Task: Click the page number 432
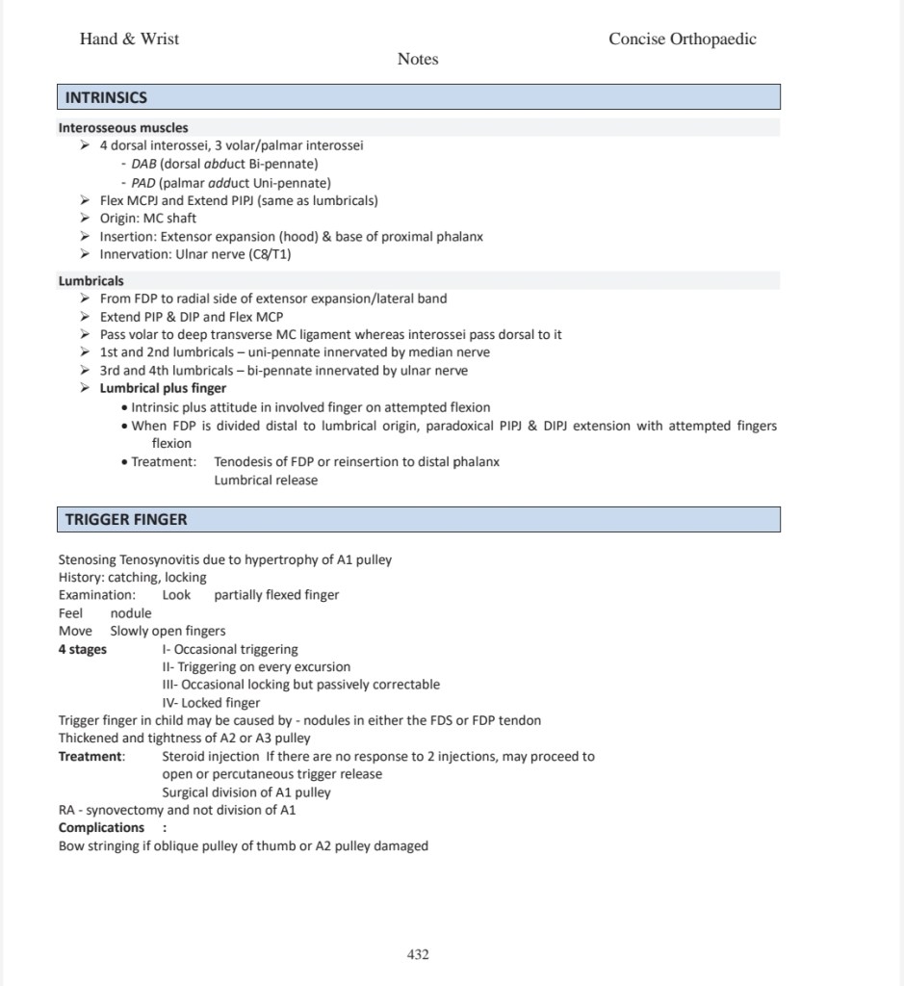[418, 954]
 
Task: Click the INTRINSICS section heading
[106, 97]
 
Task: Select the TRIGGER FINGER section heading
[126, 519]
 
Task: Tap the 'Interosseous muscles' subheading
[123, 127]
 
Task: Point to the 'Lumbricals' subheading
[91, 281]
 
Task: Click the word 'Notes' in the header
[418, 60]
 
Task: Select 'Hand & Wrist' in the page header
[129, 39]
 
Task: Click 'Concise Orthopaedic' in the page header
[682, 39]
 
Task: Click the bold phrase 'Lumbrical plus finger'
[164, 389]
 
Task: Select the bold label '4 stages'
[83, 649]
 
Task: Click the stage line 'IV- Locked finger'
[211, 703]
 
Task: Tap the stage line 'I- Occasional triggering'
[230, 649]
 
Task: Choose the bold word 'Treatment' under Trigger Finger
[90, 757]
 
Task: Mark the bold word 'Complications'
[101, 828]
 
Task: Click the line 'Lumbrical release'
[266, 480]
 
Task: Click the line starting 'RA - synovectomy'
[177, 810]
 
